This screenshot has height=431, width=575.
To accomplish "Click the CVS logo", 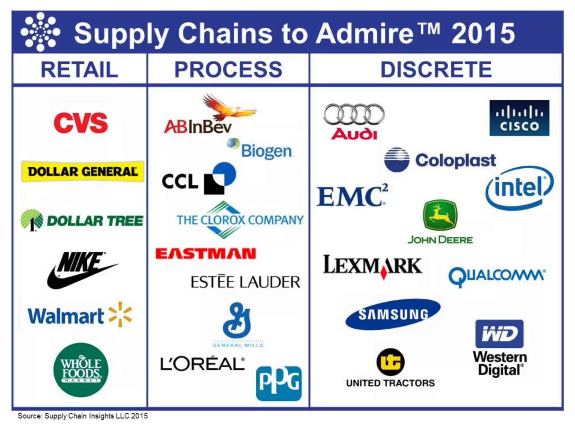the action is pyautogui.click(x=81, y=123).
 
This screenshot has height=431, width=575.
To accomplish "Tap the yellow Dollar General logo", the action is pyautogui.click(x=83, y=171).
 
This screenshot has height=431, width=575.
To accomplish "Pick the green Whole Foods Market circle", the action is pyautogui.click(x=81, y=370).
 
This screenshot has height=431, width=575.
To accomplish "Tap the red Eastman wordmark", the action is pyautogui.click(x=206, y=254).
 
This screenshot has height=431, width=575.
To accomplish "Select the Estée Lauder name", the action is pyautogui.click(x=245, y=282).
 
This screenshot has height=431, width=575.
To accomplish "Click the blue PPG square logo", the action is pyautogui.click(x=279, y=383).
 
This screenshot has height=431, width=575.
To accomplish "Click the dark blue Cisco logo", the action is pyautogui.click(x=519, y=118).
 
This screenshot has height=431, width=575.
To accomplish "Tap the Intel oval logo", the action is pyautogui.click(x=519, y=187).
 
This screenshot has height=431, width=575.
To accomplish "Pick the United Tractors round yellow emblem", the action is pyautogui.click(x=391, y=362).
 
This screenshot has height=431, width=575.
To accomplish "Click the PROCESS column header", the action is pyautogui.click(x=228, y=69).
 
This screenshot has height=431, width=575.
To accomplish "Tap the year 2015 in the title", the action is pyautogui.click(x=483, y=33).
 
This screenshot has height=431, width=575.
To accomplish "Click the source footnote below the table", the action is pyautogui.click(x=83, y=416).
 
